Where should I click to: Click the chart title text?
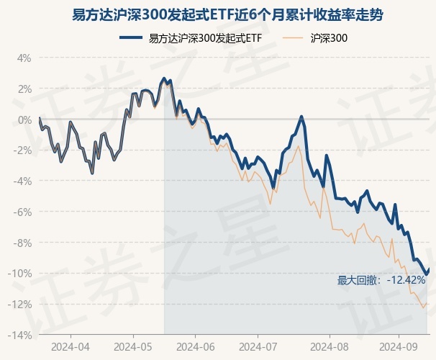click(218, 14)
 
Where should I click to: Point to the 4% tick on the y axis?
click(24, 58)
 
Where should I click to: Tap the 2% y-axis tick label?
click(24, 89)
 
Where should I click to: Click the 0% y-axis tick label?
click(24, 120)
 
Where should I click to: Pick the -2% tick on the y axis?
click(23, 150)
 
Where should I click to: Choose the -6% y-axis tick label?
click(23, 212)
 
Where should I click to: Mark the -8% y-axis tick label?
click(23, 243)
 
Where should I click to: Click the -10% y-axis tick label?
click(21, 274)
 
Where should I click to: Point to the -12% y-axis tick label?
click(21, 305)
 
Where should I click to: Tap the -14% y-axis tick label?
click(21, 336)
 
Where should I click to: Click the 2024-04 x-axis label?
click(71, 346)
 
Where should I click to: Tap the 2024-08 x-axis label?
click(329, 346)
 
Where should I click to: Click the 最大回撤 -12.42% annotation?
click(381, 280)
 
